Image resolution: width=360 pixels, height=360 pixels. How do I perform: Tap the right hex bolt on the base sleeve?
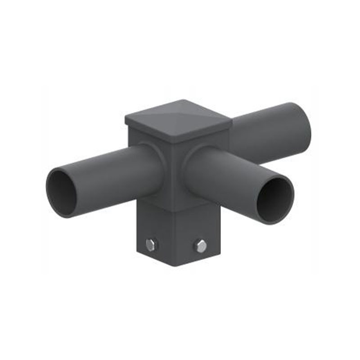[x=201, y=246]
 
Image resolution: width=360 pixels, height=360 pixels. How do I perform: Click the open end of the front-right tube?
[x=275, y=200]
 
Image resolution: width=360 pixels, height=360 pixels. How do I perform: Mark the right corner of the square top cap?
[x=231, y=120]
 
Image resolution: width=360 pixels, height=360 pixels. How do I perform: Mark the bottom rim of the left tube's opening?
[x=65, y=215]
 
